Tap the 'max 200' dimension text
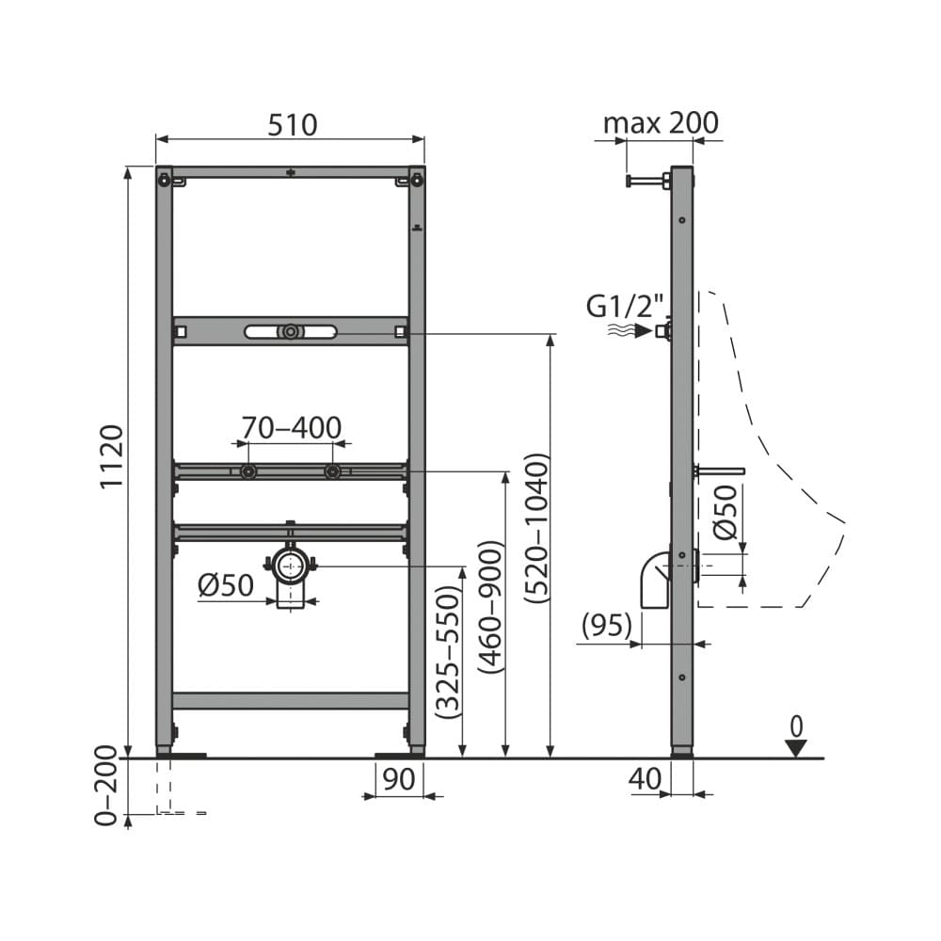(x=660, y=123)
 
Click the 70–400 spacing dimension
(x=290, y=428)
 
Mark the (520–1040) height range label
(x=536, y=528)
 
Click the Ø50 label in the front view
(x=226, y=585)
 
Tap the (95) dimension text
(x=606, y=624)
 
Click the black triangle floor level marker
(x=796, y=748)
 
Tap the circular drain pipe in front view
(x=291, y=566)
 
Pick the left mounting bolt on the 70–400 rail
(x=247, y=471)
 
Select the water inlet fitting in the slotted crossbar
(x=291, y=331)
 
